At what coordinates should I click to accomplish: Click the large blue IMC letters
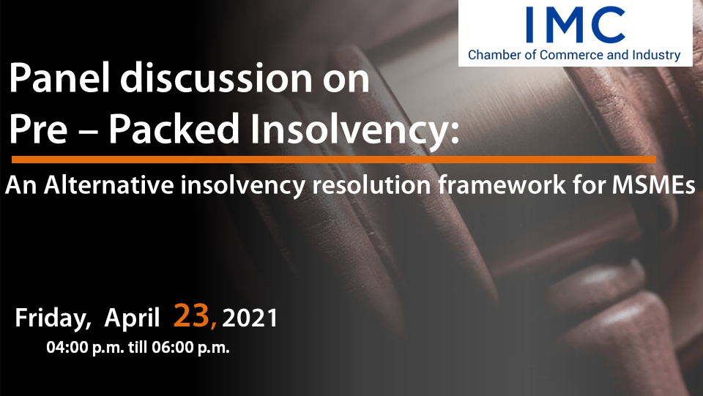coord(576,25)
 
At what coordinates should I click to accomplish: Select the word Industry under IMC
coord(656,56)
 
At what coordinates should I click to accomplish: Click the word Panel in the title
coord(59,78)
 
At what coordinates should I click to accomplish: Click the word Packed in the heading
coord(174,129)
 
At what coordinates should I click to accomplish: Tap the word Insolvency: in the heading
coord(354,130)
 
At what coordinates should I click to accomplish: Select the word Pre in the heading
coord(38,129)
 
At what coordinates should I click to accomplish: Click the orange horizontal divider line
coord(334,160)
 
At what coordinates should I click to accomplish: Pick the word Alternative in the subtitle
coord(109,185)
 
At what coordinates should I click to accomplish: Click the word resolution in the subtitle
coord(371,185)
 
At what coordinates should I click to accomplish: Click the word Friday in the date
coord(53,318)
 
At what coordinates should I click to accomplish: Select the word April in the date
coord(132,318)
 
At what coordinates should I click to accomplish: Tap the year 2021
coord(250,318)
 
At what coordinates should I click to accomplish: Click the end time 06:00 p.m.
coord(190,348)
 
